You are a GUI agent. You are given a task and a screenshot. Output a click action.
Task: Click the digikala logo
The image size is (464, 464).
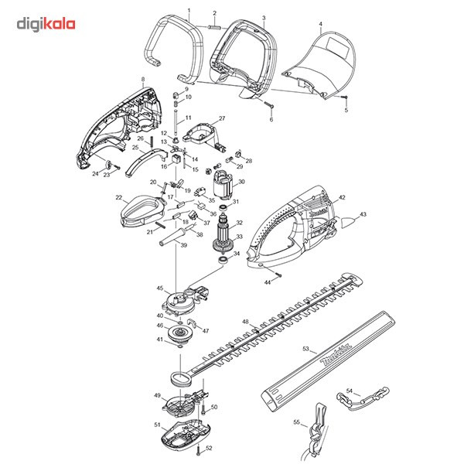pyautogui.click(x=46, y=24)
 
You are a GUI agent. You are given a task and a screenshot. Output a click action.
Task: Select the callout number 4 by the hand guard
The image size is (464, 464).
pyautogui.click(x=320, y=24)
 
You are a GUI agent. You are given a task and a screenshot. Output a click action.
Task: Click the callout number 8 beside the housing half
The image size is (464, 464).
pyautogui.click(x=143, y=79)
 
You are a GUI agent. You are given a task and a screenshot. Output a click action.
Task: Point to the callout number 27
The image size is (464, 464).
pyautogui.click(x=221, y=118)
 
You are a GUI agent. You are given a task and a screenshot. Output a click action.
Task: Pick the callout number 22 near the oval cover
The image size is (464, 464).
pyautogui.click(x=119, y=198)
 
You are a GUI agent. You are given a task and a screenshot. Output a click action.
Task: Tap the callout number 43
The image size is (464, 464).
pyautogui.click(x=363, y=214)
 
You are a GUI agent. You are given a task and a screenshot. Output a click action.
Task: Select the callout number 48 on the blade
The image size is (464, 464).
pyautogui.click(x=245, y=321)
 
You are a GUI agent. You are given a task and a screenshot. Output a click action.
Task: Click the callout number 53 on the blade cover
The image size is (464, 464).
pyautogui.click(x=305, y=350)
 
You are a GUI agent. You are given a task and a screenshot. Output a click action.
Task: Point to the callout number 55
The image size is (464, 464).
pyautogui.click(x=296, y=422)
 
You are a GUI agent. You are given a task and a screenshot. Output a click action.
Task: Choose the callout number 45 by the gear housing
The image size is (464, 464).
pyautogui.click(x=161, y=288)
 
